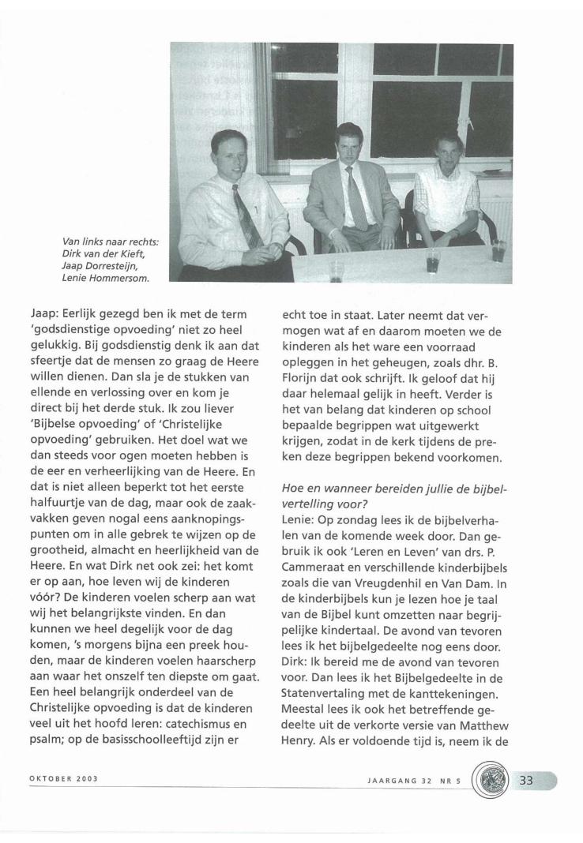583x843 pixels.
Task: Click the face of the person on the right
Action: click(x=448, y=152)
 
